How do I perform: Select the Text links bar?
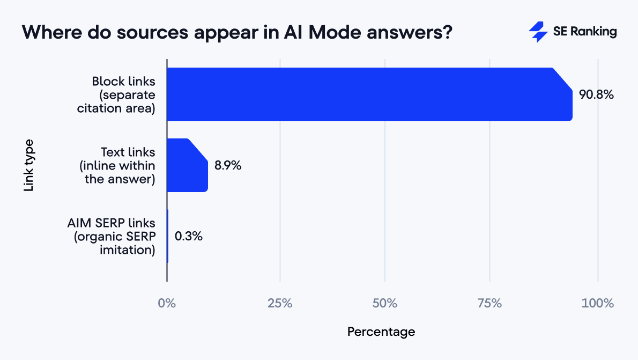click(x=187, y=165)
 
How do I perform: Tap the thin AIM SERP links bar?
click(x=168, y=236)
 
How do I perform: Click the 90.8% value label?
click(x=596, y=95)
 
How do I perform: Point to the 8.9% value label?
click(x=228, y=166)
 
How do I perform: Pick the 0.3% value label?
click(x=189, y=236)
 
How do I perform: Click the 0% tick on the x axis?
click(x=167, y=303)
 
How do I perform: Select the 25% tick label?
click(x=280, y=303)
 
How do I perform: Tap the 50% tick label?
click(x=385, y=303)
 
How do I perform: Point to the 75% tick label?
click(x=489, y=303)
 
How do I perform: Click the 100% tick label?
click(x=597, y=303)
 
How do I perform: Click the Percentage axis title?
click(x=381, y=332)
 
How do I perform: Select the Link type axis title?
click(x=29, y=165)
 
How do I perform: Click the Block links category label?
click(x=123, y=95)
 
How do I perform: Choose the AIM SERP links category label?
click(x=111, y=236)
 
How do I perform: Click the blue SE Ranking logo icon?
click(x=538, y=32)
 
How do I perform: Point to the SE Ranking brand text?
click(x=585, y=32)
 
